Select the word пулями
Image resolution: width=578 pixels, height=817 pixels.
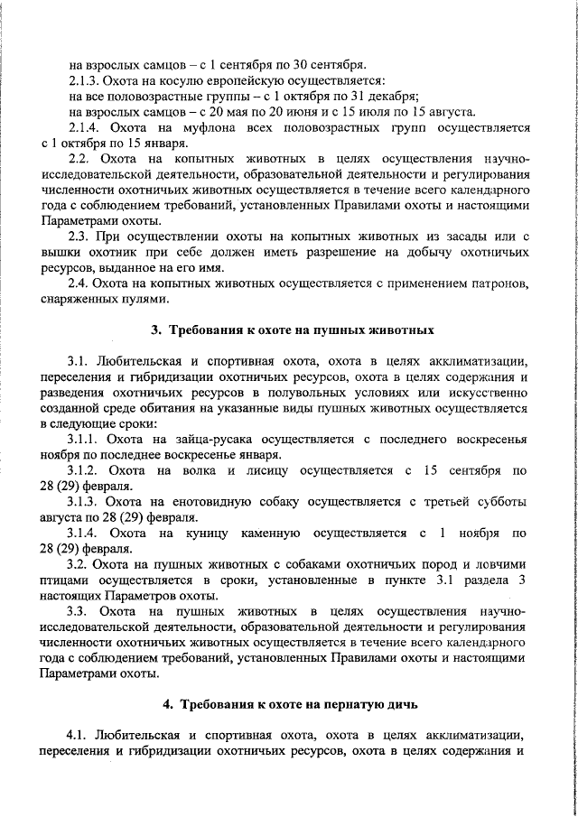148,300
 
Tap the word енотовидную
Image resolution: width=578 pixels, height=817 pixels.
200,502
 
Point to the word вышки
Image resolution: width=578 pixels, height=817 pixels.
60,252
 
